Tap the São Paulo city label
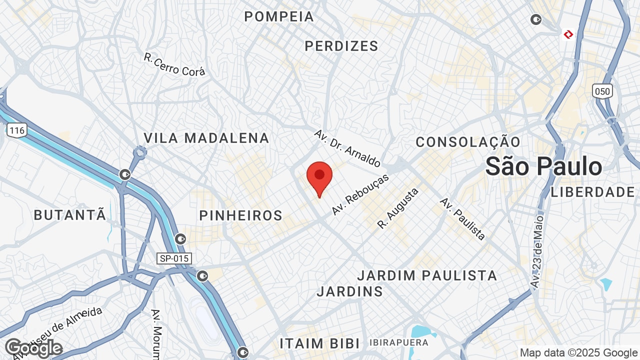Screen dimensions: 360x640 pos(543,166)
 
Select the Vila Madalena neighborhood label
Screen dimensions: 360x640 pos(206,138)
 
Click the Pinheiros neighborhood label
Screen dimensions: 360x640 pos(241,215)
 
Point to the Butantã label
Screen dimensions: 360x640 pos(70,215)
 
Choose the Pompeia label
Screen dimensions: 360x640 pos(279,16)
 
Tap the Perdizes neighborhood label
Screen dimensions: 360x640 pos(341,46)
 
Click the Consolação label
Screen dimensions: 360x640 pos(468,142)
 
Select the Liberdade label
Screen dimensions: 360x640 pos(592,192)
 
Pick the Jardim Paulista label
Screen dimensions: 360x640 pos(427,275)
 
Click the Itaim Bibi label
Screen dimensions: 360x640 pos(319,343)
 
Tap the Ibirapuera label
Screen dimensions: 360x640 pos(399,342)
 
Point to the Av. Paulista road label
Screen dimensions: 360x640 pos(462,218)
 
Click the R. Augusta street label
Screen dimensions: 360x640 pos(398,208)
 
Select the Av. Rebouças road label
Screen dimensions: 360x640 pos(360,195)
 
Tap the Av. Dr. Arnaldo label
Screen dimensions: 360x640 pos(347,148)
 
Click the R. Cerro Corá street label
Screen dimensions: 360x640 pos(174,65)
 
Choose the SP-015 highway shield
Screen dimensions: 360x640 pos(173,258)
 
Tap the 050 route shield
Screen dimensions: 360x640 pos(602,91)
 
